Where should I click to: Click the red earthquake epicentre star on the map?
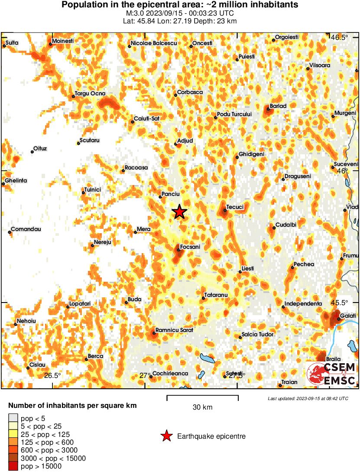179,212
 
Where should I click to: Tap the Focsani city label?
190,247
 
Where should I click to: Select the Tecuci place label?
235,207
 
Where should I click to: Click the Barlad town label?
278,106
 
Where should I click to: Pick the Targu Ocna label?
90,93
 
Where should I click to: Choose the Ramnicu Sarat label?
174,330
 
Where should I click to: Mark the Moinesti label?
63,41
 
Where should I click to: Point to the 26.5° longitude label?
52,375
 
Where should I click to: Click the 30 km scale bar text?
202,407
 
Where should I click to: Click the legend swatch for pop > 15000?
13,466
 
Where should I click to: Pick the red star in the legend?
166,436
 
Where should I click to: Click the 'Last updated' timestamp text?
308,398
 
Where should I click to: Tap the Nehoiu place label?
26,321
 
